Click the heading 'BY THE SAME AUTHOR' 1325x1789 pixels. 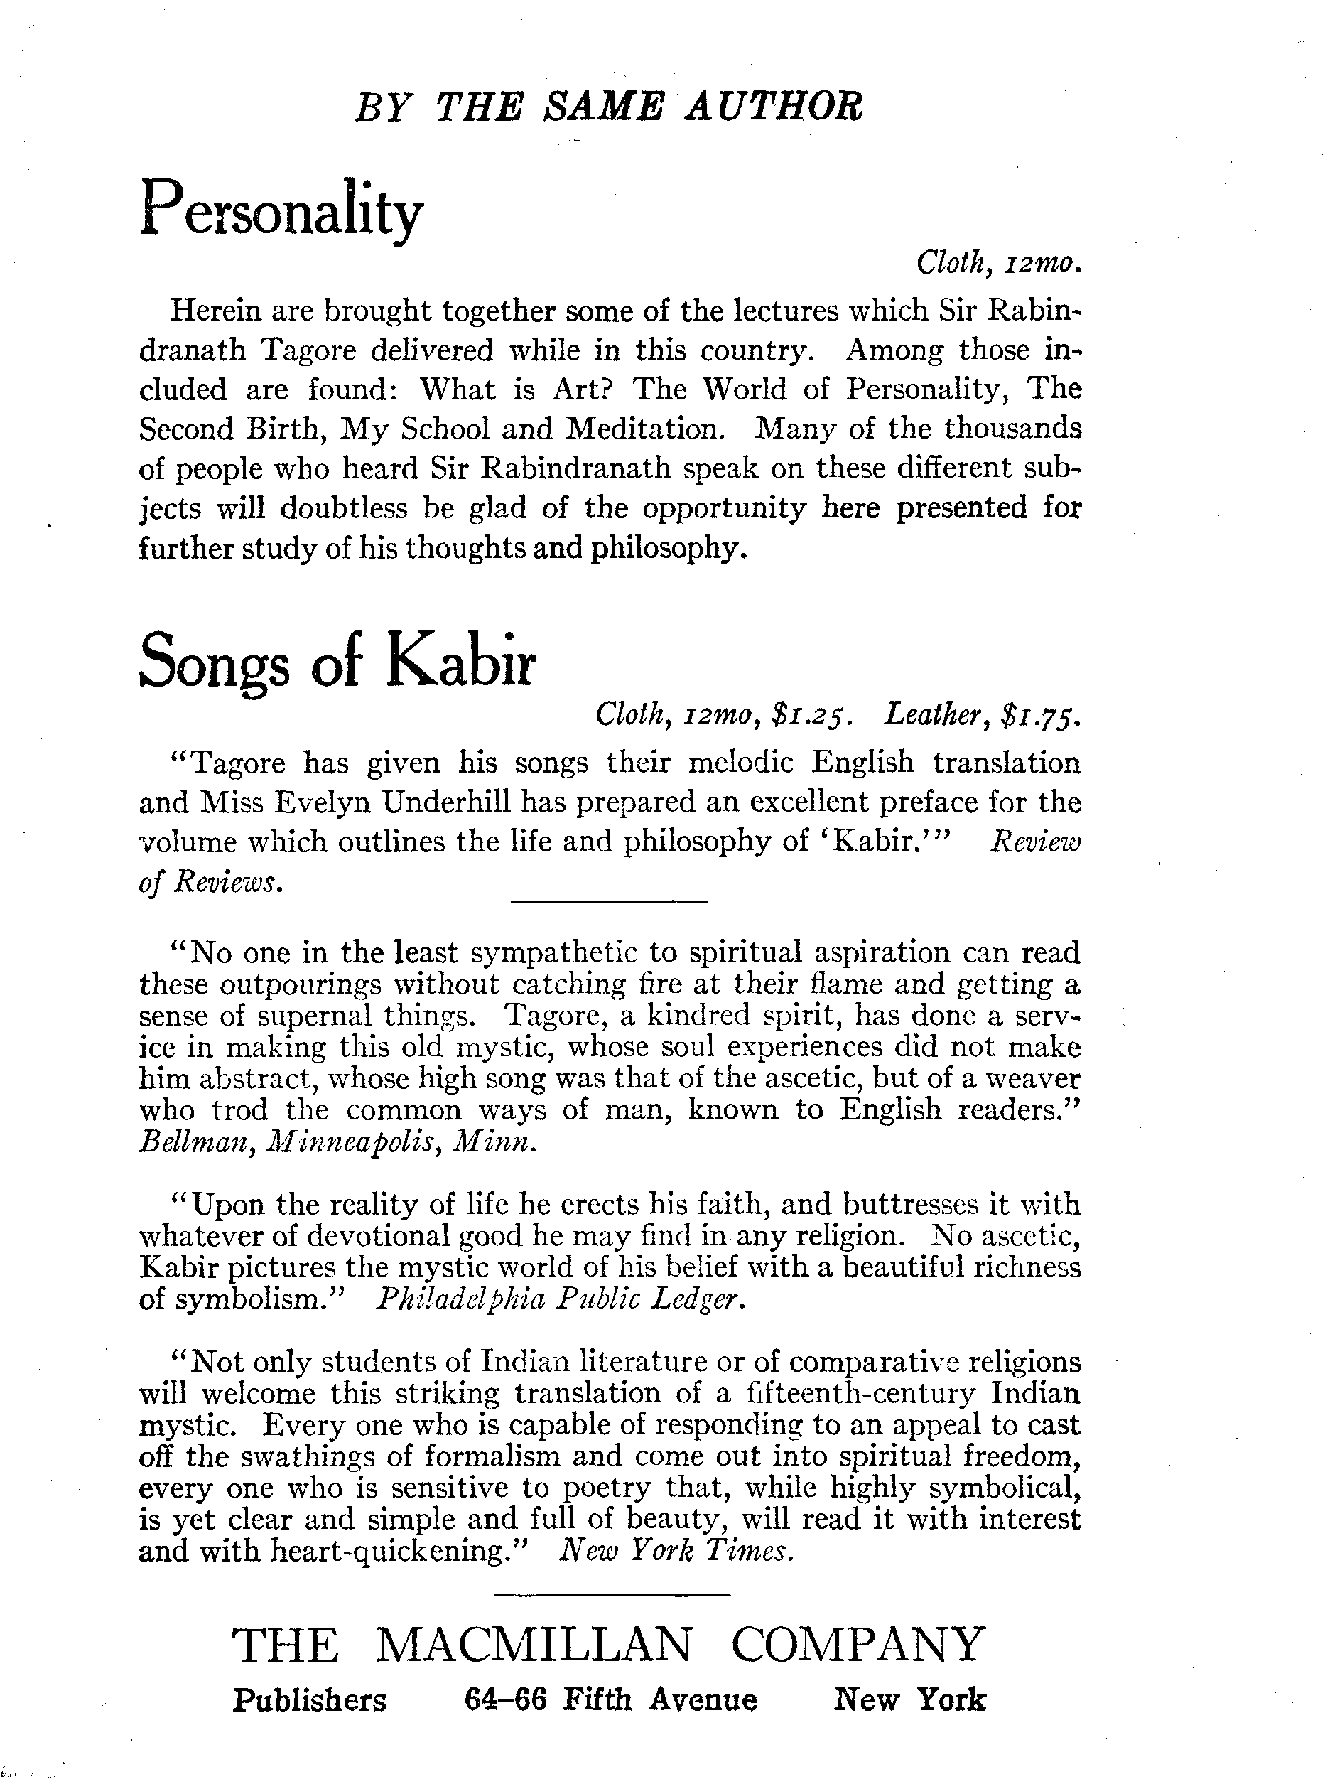[x=609, y=107]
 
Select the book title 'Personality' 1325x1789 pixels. [x=281, y=208]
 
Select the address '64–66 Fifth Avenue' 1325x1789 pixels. [x=610, y=1700]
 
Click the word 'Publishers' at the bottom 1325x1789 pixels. [x=310, y=1700]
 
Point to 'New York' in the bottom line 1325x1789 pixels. [x=909, y=1700]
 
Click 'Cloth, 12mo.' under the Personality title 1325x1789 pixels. [x=999, y=262]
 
